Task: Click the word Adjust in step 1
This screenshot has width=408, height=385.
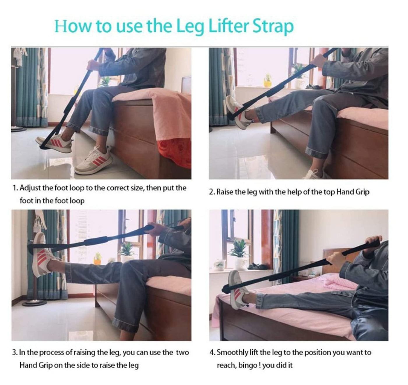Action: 30,188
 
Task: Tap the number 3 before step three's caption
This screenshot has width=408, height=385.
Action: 14,353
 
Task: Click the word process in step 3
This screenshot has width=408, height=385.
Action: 51,353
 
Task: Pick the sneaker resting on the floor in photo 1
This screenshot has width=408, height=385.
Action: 94,161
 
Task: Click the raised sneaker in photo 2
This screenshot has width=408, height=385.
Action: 238,112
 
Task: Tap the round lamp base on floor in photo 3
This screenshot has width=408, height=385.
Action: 35,303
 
